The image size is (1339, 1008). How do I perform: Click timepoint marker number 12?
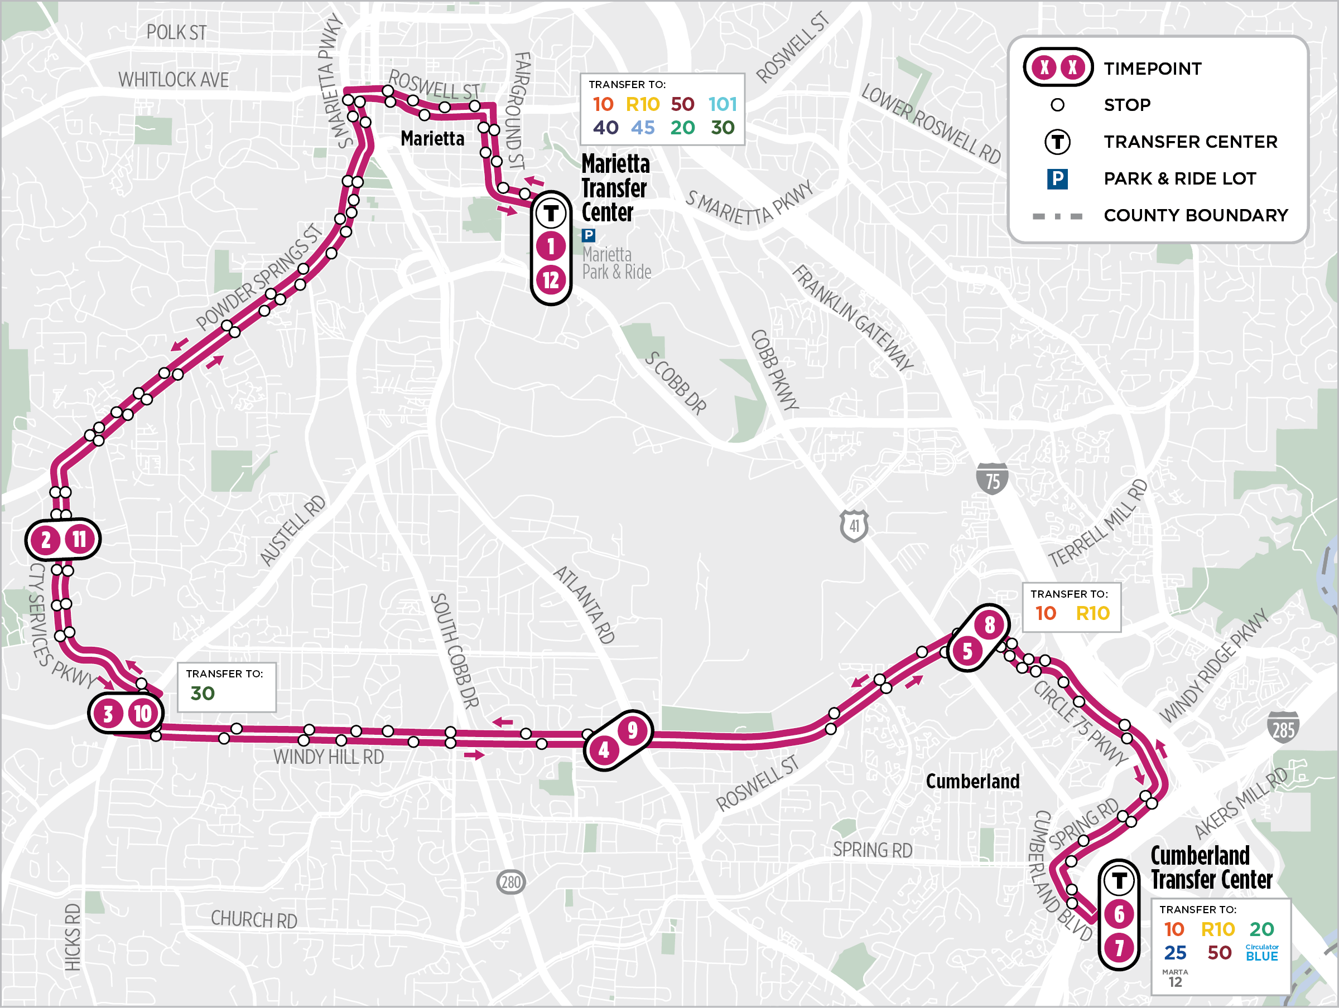[x=550, y=280]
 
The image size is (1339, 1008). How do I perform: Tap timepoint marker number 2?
[x=46, y=540]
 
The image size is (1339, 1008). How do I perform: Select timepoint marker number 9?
[x=632, y=730]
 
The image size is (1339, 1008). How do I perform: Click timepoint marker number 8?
[x=989, y=625]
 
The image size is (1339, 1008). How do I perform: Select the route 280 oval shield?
[x=511, y=882]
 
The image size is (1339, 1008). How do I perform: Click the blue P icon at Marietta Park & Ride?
[x=589, y=235]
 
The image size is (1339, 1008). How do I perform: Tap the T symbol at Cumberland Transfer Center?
[x=1119, y=881]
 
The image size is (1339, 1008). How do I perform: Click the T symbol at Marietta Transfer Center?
[x=550, y=213]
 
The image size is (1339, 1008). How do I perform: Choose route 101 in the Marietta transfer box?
[x=722, y=105]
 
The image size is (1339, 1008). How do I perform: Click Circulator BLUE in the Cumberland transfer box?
[x=1261, y=953]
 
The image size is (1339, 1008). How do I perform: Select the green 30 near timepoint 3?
[x=202, y=694]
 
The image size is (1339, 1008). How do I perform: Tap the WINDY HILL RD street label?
[x=328, y=757]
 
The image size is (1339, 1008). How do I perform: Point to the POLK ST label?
[x=176, y=33]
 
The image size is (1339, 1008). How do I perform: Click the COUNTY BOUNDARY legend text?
[x=1196, y=215]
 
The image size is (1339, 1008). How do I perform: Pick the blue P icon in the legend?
[x=1057, y=179]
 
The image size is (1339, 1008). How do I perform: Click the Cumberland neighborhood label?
[x=972, y=781]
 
